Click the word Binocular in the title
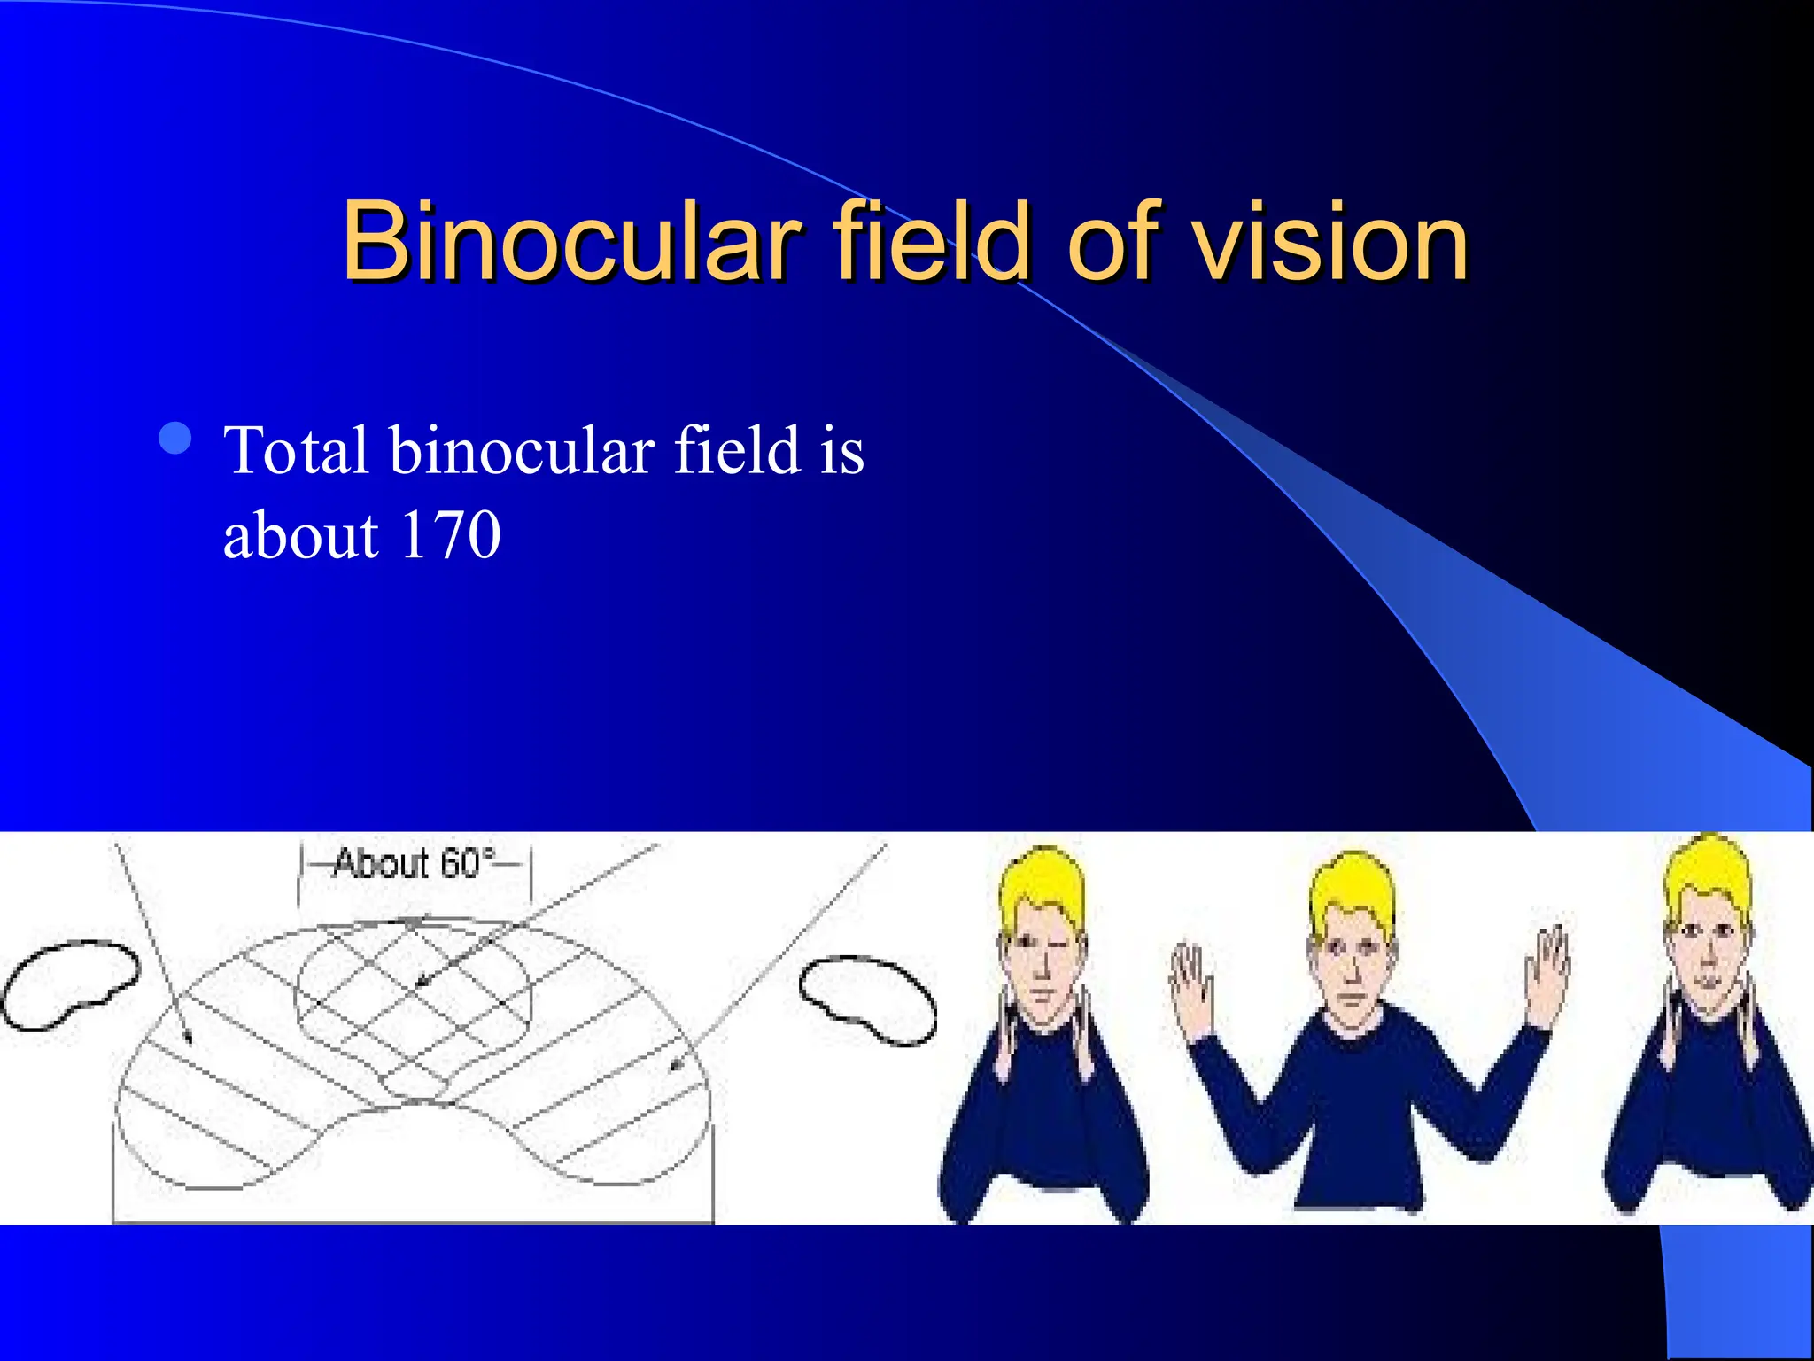click(571, 241)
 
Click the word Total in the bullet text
click(296, 450)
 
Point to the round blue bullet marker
click(175, 438)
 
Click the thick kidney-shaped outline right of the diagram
click(868, 999)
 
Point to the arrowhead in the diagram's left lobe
click(187, 1037)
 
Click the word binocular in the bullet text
click(522, 450)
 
